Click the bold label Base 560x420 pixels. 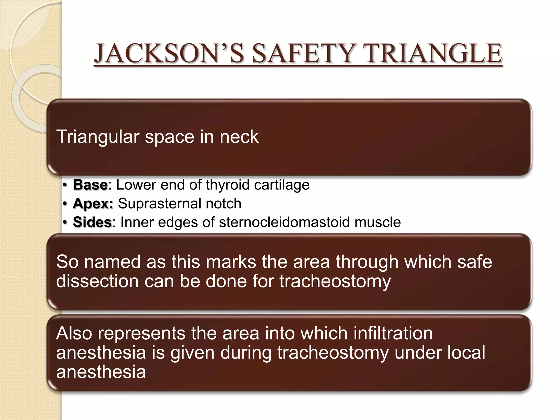point(90,185)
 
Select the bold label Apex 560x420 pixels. point(93,204)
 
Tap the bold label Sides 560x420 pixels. point(92,222)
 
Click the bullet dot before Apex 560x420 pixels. point(65,204)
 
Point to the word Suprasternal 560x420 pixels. point(159,204)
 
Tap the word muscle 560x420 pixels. point(377,222)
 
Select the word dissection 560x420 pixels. point(97,281)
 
